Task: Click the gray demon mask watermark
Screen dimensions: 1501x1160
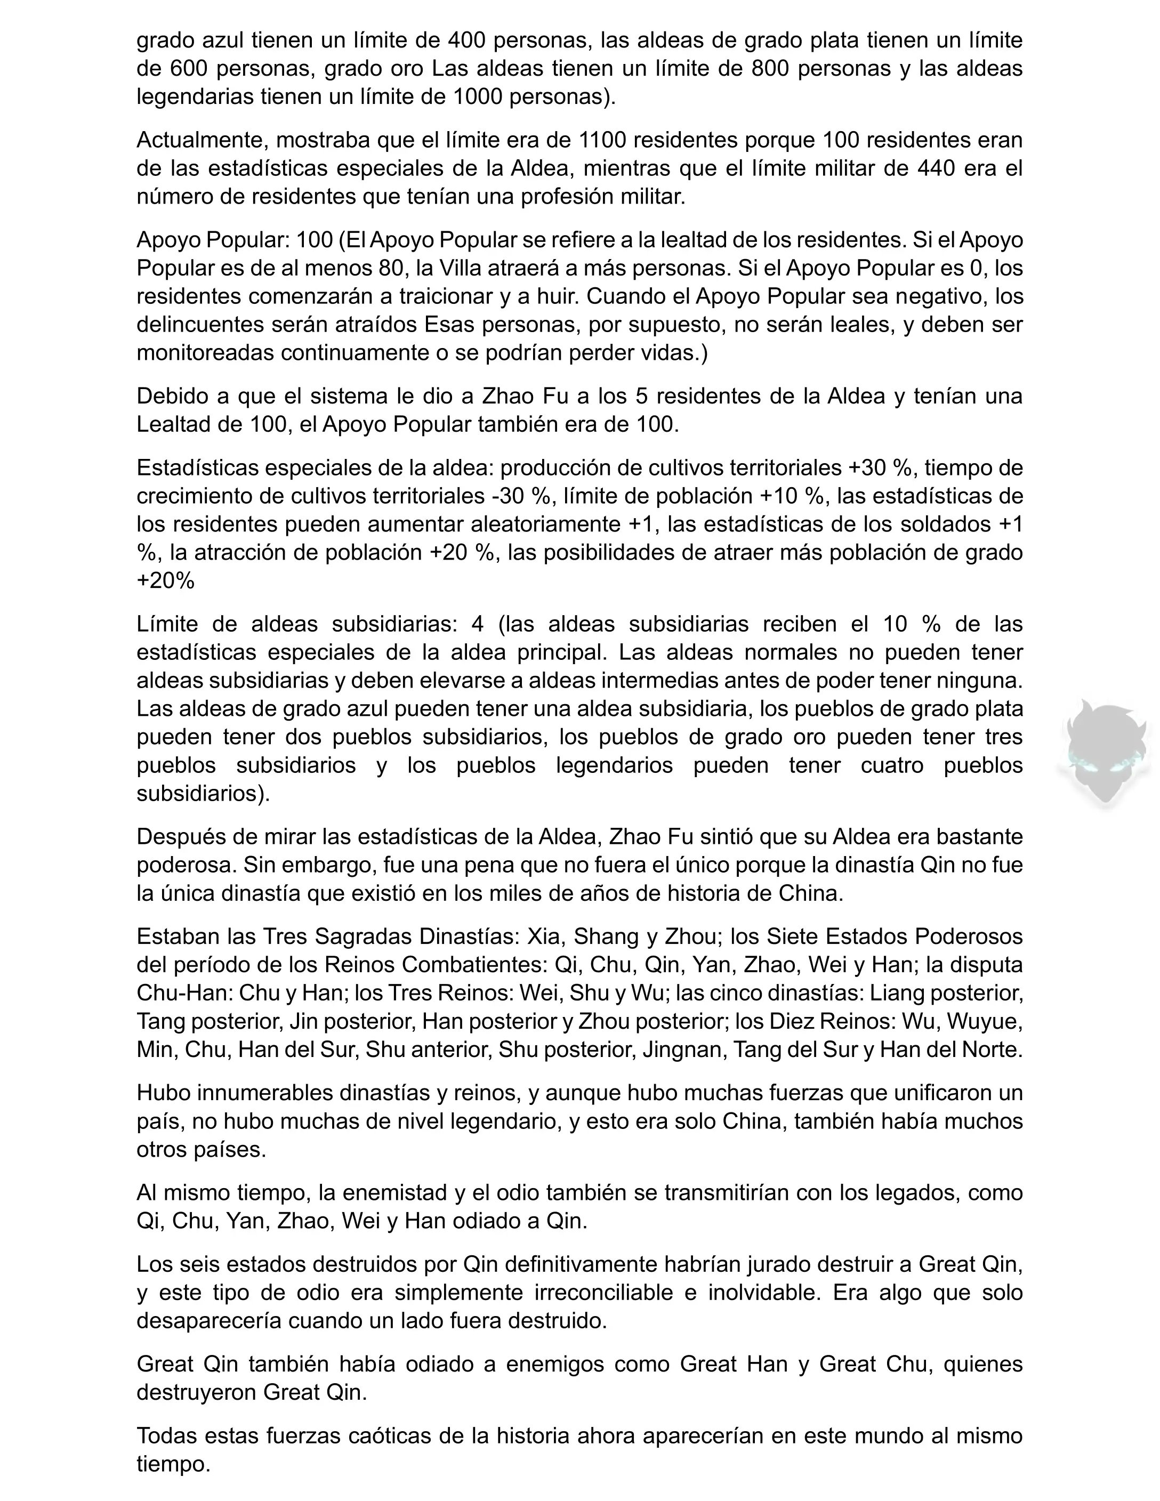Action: point(1103,752)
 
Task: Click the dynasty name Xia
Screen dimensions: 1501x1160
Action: point(543,936)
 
